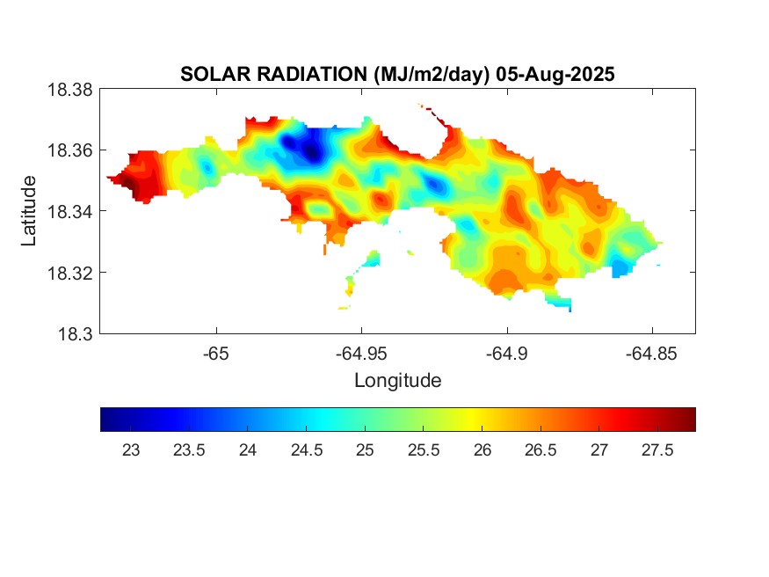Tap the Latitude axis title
[29, 211]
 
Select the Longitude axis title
[397, 381]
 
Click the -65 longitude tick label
[216, 354]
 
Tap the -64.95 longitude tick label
[361, 354]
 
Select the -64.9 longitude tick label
[506, 354]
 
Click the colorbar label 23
[130, 450]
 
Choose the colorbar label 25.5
[423, 450]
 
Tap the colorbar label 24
[247, 450]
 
